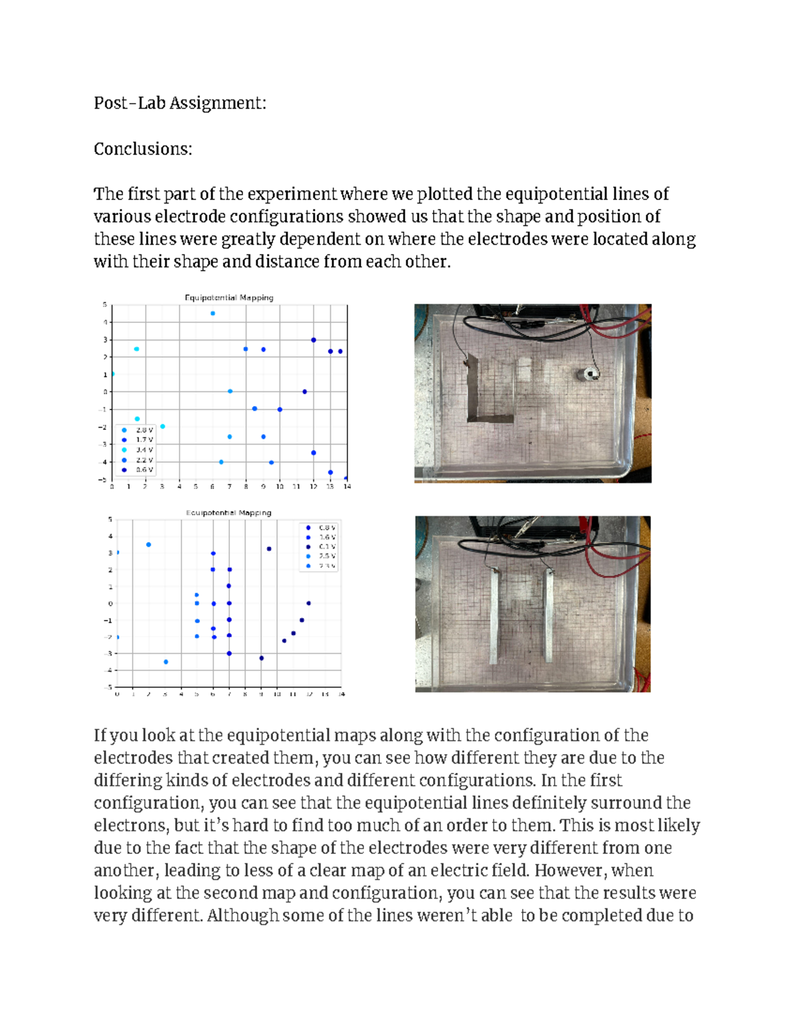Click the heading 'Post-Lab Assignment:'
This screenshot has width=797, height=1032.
point(179,103)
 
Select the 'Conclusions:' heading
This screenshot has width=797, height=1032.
point(143,149)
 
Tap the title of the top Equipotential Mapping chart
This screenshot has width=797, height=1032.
point(229,298)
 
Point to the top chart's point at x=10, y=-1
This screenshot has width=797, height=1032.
point(280,409)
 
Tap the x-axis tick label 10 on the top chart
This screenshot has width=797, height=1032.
point(280,487)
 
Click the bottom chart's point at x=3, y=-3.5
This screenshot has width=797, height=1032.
point(165,662)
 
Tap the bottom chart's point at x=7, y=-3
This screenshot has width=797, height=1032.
point(229,653)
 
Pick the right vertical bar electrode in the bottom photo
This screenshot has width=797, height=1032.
point(549,615)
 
